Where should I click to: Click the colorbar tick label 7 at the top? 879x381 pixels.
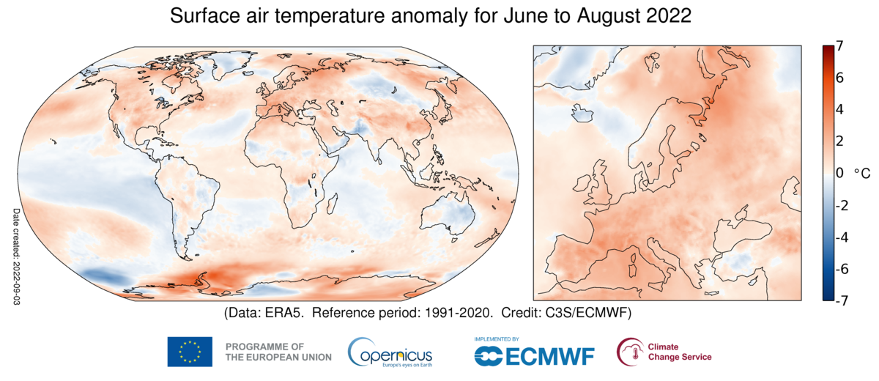[839, 46]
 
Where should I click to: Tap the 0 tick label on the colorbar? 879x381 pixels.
[839, 173]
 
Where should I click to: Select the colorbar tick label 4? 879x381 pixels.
[839, 109]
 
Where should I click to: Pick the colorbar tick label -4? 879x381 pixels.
[842, 237]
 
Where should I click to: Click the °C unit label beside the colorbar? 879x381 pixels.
[861, 174]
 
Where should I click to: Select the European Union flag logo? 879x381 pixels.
[190, 352]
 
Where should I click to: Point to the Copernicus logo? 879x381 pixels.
[390, 352]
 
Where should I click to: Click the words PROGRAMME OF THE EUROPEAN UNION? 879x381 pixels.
[278, 352]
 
